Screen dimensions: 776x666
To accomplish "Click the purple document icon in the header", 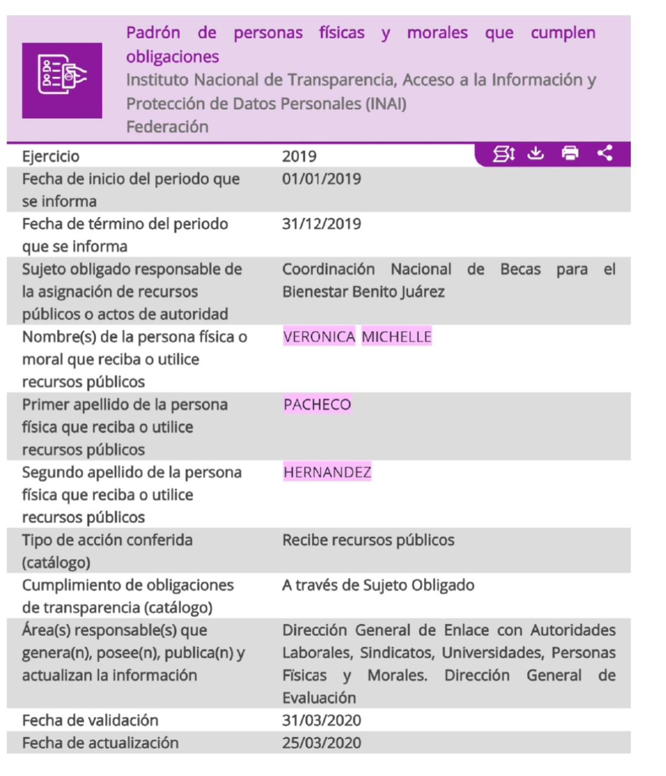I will click(x=62, y=80).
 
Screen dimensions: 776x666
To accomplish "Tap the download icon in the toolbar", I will click(x=535, y=153).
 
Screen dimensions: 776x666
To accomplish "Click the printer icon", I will click(x=570, y=153).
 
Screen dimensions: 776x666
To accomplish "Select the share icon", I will click(x=604, y=153).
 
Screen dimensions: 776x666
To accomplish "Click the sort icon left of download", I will click(x=503, y=154).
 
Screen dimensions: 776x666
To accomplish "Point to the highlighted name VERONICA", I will click(x=319, y=337).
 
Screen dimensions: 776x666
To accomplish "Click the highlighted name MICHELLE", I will click(x=397, y=337).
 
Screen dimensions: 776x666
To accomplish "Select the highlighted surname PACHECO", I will click(x=317, y=405).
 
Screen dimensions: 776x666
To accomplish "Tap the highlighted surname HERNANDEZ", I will click(x=327, y=472).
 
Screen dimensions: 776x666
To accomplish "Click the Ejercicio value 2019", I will click(x=299, y=156).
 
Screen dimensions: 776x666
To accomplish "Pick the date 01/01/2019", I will click(x=321, y=179).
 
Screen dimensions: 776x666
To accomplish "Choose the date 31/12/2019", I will click(x=321, y=224).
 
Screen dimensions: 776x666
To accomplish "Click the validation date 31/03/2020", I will click(x=321, y=721).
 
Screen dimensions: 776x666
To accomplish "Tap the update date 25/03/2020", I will click(x=321, y=743).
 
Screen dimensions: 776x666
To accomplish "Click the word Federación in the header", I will click(x=167, y=127).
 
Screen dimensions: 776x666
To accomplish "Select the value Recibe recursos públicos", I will click(x=368, y=540).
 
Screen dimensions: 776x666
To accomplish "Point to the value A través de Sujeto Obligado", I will click(x=378, y=586).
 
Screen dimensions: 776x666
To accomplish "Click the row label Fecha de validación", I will click(x=90, y=721).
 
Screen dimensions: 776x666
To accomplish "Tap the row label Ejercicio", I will click(x=51, y=156).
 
